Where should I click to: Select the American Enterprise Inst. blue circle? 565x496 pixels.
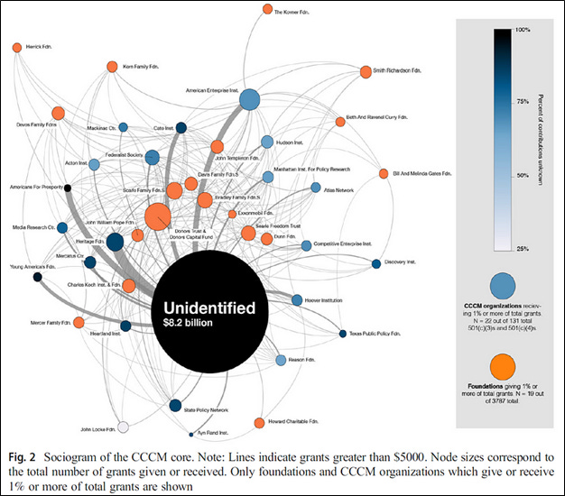click(249, 101)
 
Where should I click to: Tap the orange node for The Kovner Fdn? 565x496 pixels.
click(267, 10)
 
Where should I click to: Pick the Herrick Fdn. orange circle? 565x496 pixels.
click(16, 48)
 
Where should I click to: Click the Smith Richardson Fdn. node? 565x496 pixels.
click(365, 71)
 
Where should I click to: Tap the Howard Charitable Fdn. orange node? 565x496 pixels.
click(259, 423)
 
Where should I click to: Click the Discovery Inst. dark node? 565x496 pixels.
click(375, 264)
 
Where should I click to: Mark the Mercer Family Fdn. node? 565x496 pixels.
click(79, 322)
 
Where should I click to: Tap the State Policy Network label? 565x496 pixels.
click(204, 409)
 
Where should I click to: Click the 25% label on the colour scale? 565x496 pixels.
click(521, 248)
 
